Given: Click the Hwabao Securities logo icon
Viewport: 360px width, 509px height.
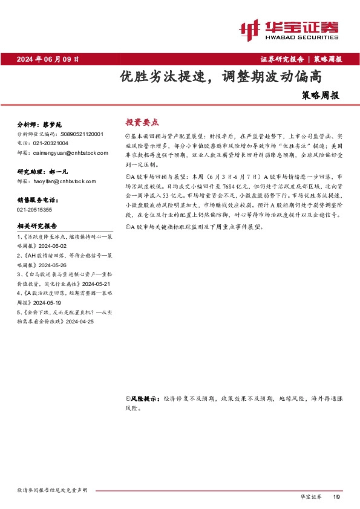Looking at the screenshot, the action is tap(250, 29).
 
